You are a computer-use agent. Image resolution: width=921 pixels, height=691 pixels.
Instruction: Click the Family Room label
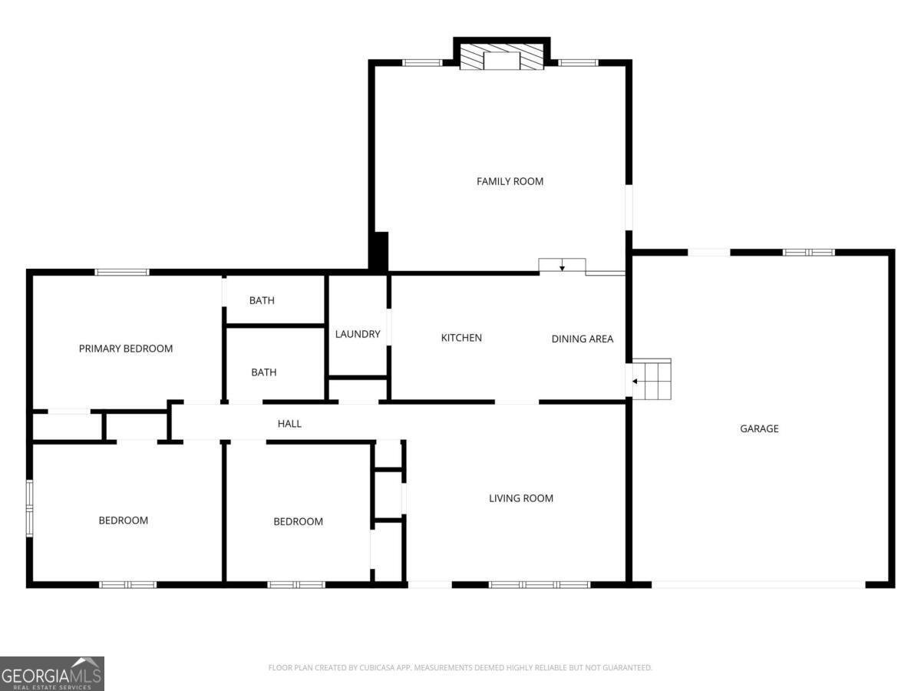(x=510, y=181)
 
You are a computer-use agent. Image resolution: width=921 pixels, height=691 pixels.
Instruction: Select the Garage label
(x=759, y=428)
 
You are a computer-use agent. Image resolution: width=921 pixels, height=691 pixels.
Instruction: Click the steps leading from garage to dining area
(x=652, y=379)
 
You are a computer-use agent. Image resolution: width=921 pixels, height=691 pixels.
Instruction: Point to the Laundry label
(x=358, y=334)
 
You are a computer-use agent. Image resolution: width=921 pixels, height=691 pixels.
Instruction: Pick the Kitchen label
(x=461, y=338)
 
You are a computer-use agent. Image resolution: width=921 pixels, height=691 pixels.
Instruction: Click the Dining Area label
(x=582, y=339)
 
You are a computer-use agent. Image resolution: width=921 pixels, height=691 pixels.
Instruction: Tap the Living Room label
(x=521, y=498)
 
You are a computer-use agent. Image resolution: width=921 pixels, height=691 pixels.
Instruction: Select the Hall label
(x=289, y=423)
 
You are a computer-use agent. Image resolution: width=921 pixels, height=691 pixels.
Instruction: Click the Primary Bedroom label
(x=126, y=349)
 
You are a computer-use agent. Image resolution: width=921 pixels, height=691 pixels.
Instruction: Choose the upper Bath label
(x=262, y=300)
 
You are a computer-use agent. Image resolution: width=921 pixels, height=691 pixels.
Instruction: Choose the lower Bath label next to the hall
(x=263, y=372)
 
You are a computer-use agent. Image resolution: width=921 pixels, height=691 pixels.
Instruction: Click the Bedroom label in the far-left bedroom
(x=123, y=521)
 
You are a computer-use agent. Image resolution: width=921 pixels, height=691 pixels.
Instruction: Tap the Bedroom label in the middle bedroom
(x=298, y=521)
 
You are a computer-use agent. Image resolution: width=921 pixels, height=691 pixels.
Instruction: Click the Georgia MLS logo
(x=51, y=673)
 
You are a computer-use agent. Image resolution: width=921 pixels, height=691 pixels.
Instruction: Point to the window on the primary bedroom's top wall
(x=122, y=272)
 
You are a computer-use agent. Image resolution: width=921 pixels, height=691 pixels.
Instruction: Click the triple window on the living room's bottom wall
(x=540, y=585)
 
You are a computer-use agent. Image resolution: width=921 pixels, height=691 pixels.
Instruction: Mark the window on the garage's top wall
(x=808, y=252)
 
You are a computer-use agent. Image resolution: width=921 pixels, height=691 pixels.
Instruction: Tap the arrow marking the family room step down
(x=562, y=267)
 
